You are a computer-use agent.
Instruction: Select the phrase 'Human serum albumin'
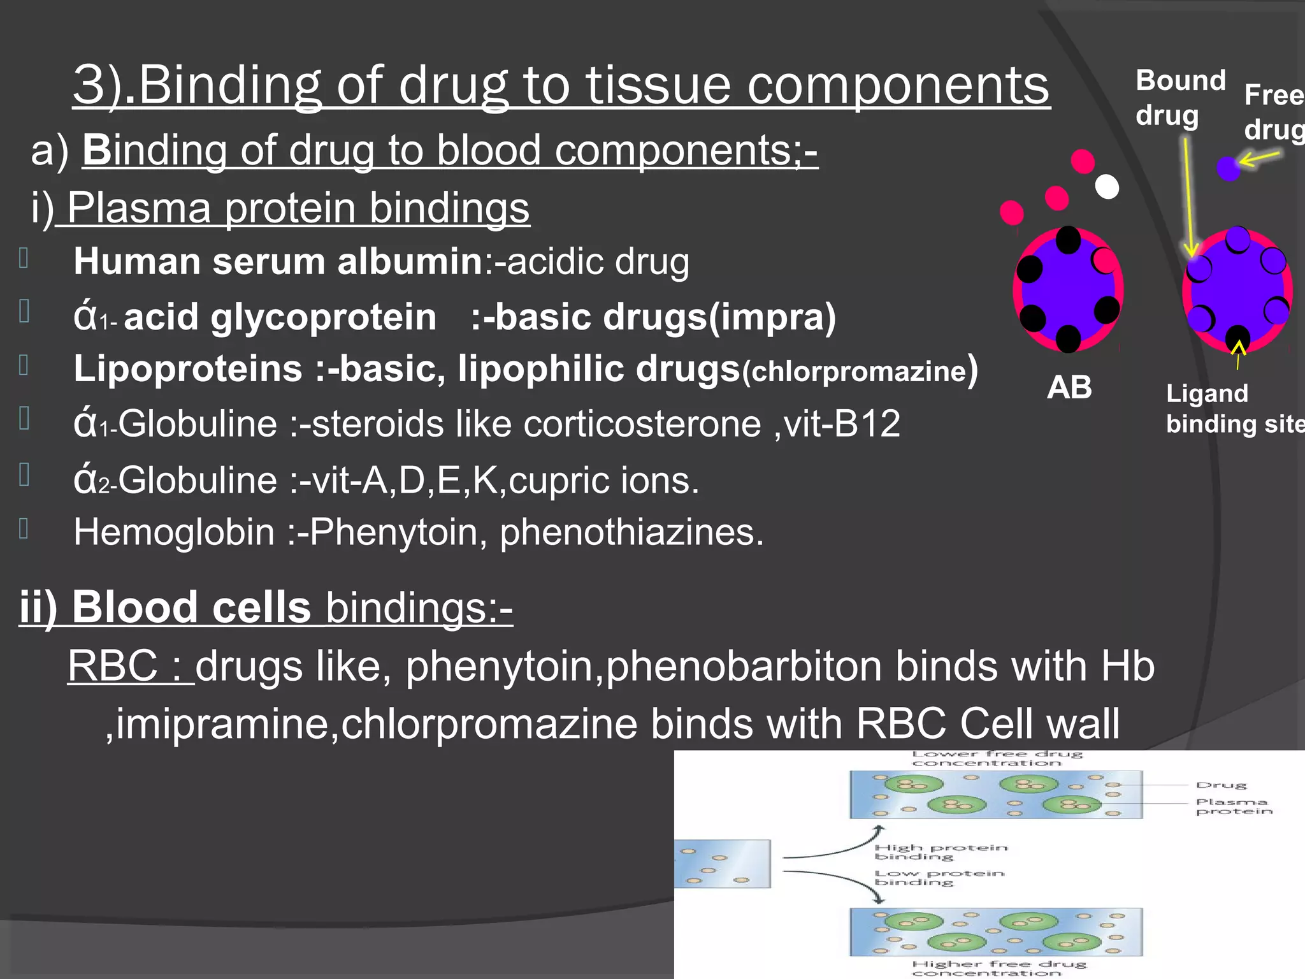point(278,262)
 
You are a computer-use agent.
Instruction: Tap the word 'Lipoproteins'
point(187,369)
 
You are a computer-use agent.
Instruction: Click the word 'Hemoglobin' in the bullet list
point(173,532)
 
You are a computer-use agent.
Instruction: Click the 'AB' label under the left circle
point(1069,388)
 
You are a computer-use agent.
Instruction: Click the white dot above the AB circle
point(1107,187)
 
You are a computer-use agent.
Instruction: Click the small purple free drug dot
point(1228,169)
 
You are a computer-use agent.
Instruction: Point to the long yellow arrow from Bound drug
point(1188,198)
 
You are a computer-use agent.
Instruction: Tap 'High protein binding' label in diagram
point(940,852)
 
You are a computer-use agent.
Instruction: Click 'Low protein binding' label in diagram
point(939,878)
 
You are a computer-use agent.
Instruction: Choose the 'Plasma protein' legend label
point(1233,806)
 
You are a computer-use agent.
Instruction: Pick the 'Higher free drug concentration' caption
point(999,968)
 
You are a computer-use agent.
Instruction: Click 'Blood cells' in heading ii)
point(191,607)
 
